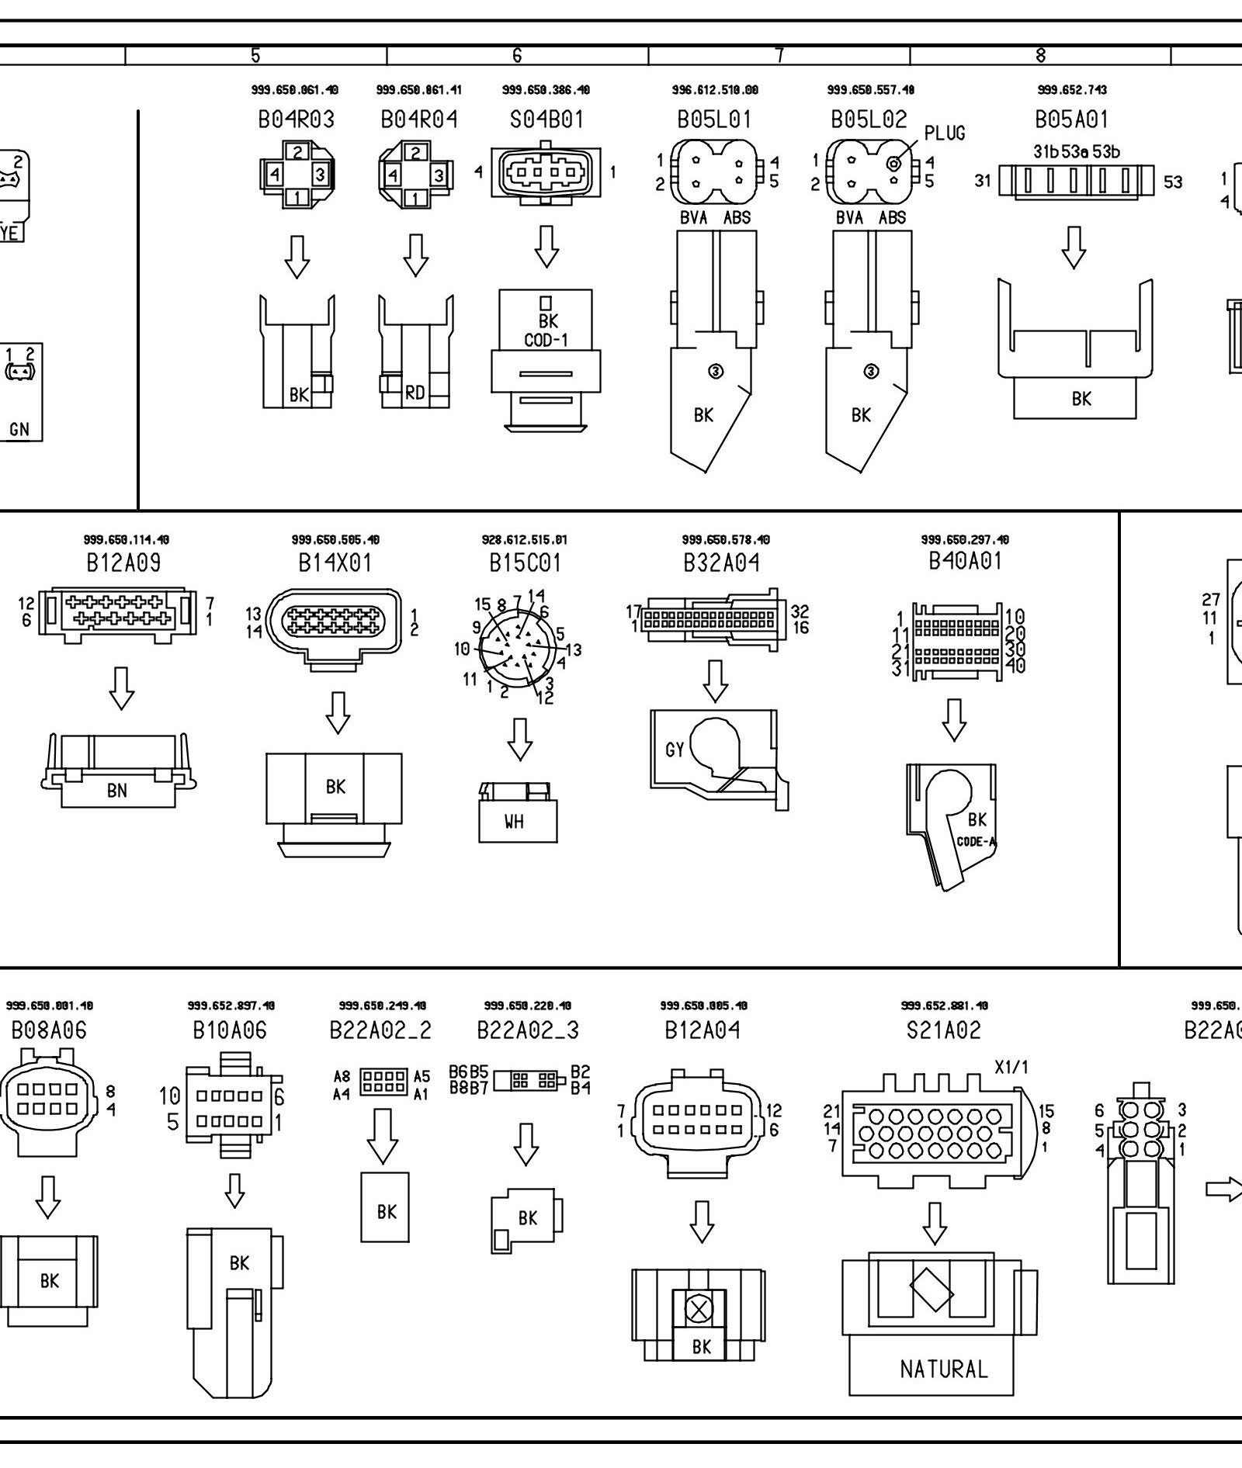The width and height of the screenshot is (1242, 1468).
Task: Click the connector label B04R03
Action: (296, 119)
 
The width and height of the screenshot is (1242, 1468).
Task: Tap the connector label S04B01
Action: (546, 119)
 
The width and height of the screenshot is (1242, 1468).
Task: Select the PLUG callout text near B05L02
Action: (945, 133)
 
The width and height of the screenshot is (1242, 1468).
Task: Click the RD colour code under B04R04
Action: (415, 393)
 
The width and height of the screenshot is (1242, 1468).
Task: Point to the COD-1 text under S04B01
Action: (546, 340)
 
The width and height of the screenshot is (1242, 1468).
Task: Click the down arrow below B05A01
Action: (1074, 248)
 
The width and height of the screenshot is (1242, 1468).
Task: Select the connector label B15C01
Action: (525, 563)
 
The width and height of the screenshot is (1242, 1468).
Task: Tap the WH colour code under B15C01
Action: (514, 822)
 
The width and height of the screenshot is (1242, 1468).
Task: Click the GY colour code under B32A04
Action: (675, 750)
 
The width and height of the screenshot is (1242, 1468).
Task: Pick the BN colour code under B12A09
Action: (117, 791)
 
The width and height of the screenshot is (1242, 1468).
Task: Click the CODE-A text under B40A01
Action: (976, 842)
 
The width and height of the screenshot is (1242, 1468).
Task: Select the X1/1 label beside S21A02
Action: (1011, 1068)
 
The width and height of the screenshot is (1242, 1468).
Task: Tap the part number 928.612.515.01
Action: (524, 540)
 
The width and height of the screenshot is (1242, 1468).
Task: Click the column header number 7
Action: (779, 55)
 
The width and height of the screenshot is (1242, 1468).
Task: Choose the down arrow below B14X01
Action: (337, 712)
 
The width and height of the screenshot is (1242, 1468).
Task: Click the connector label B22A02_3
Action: (528, 1030)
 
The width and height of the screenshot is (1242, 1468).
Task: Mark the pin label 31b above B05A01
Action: (1046, 152)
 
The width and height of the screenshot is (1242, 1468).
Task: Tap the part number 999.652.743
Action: (1072, 90)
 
